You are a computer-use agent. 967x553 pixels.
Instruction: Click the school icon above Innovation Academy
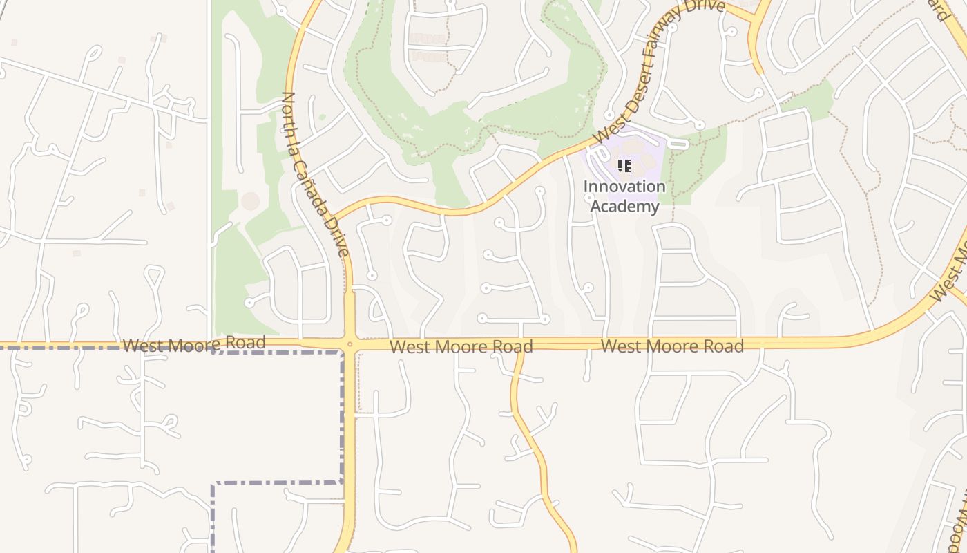[624, 166]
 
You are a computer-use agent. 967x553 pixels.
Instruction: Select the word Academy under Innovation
[624, 206]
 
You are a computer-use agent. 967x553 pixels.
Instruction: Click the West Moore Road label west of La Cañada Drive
[193, 344]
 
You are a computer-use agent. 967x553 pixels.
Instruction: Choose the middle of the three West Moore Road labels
[461, 346]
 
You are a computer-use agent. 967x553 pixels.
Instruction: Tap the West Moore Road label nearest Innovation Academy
[672, 346]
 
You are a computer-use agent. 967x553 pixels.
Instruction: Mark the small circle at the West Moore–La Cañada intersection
[350, 344]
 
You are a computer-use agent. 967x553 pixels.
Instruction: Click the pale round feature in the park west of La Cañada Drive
[250, 201]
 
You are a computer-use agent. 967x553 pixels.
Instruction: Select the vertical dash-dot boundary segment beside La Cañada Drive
[342, 415]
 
